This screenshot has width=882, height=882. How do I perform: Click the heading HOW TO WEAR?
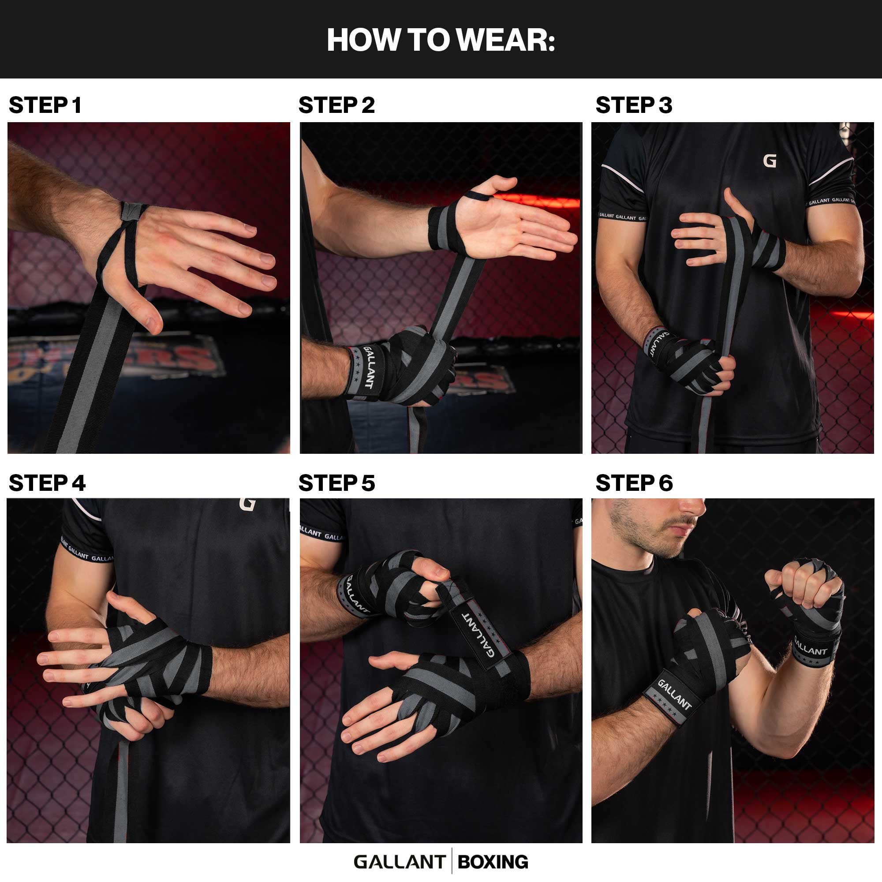point(441,40)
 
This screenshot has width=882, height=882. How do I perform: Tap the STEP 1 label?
point(45,105)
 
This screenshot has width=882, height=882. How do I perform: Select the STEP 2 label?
point(336,105)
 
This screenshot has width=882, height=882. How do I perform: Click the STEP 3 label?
point(634,105)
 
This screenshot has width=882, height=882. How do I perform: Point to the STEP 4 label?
point(47,483)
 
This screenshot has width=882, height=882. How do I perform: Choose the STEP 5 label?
point(336,483)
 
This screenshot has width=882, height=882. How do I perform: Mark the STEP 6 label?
point(634,483)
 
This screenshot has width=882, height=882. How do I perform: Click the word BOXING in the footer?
point(493,862)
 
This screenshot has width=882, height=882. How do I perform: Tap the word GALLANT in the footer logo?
point(400,862)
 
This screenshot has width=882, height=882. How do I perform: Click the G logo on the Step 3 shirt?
point(770,161)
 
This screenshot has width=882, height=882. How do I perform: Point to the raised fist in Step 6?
point(806,587)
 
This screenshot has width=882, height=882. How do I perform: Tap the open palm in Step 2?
point(497,226)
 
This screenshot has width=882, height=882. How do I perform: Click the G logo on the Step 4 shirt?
point(247,504)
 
